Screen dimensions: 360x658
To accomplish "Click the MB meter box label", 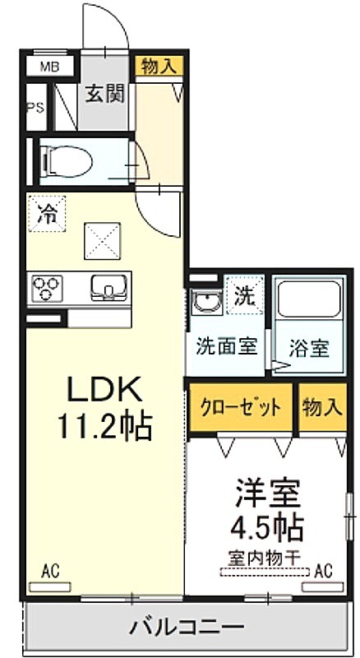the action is click(50, 67).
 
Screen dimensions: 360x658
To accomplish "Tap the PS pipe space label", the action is click(35, 108).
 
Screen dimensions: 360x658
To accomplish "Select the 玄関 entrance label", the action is click(105, 94).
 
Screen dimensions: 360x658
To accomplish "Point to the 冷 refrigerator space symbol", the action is click(48, 214).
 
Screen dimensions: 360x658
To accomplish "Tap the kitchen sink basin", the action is click(109, 287).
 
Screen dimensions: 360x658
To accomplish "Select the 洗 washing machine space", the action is click(245, 295).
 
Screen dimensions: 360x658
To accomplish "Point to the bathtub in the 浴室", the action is click(309, 299).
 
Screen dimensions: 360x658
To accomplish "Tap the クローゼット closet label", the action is click(241, 406).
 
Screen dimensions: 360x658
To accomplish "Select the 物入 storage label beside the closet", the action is click(322, 406).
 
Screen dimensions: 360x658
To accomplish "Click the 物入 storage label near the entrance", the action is click(159, 66).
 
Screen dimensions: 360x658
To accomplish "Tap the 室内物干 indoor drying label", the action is click(265, 558).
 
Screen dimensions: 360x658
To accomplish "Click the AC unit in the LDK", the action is click(49, 586).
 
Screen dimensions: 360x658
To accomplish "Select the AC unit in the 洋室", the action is click(323, 586).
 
